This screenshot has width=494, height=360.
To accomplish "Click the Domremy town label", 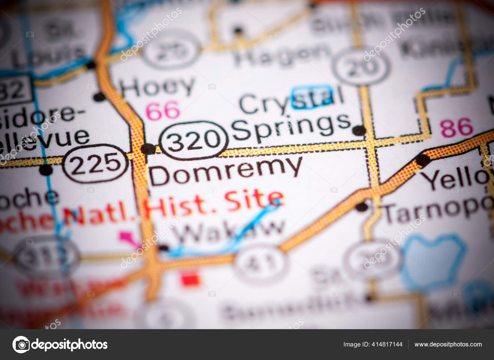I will [225, 171].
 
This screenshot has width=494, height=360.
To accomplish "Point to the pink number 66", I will [163, 110].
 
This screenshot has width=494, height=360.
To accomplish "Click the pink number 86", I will [457, 127].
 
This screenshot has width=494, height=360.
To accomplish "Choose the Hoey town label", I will [157, 86].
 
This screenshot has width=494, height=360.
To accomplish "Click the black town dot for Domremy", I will [148, 149].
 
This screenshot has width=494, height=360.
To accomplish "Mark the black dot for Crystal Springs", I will [359, 130].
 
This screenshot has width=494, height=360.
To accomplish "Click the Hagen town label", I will [281, 56].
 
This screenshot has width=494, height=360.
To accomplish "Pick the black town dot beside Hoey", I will [99, 97].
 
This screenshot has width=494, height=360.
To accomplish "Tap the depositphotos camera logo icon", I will [21, 344].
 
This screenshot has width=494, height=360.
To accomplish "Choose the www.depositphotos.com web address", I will [448, 344].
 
